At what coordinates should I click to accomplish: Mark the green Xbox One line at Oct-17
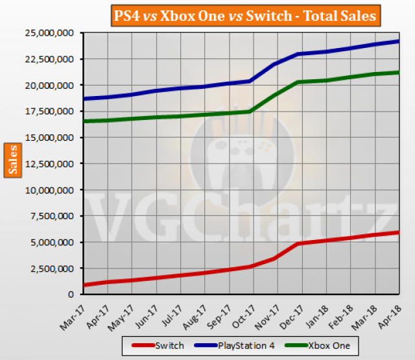(250, 112)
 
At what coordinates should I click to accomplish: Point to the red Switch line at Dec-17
(298, 243)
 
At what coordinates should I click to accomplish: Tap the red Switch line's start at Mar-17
(85, 285)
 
